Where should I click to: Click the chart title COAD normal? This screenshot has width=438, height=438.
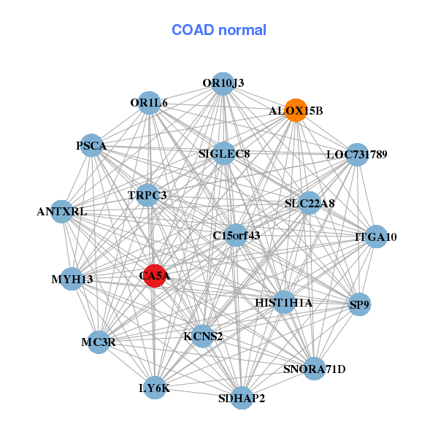(x=219, y=30)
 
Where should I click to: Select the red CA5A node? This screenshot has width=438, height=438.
(x=154, y=276)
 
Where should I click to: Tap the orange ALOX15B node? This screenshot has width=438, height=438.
(x=295, y=110)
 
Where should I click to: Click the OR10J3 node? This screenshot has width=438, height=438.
(x=223, y=83)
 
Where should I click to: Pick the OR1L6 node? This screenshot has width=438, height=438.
(x=149, y=103)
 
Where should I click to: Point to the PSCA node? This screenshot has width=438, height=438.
(x=91, y=145)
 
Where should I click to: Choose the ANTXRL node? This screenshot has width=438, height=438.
(x=62, y=212)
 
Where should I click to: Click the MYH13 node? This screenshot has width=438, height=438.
(x=72, y=279)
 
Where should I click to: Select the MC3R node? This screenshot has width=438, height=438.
(x=98, y=342)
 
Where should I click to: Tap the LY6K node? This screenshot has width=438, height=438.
(x=154, y=388)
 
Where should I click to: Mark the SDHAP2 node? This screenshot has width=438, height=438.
(x=242, y=399)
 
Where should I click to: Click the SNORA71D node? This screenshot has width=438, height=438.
(x=314, y=369)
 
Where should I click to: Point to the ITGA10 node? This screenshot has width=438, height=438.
(x=376, y=237)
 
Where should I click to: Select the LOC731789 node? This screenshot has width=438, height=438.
(x=356, y=154)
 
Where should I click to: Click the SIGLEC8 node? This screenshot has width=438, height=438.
(x=224, y=153)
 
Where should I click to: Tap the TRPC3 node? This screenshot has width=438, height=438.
(x=147, y=195)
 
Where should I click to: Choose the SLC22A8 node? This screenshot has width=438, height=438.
(x=310, y=203)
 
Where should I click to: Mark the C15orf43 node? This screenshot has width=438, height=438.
(x=236, y=235)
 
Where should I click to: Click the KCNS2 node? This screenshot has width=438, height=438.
(x=203, y=336)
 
